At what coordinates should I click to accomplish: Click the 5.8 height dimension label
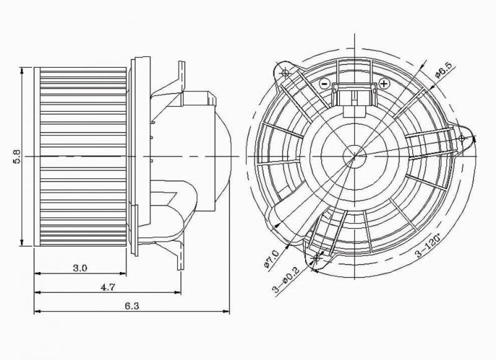click(x=17, y=156)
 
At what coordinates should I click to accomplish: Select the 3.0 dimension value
click(x=80, y=268)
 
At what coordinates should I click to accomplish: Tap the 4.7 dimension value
click(x=108, y=287)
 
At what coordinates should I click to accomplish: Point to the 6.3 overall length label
click(x=131, y=306)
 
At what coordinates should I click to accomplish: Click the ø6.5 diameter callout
click(x=445, y=70)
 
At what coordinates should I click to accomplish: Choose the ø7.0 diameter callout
click(x=271, y=259)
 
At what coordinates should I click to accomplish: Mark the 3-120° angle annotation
click(x=428, y=245)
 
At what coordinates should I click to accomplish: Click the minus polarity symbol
click(x=324, y=84)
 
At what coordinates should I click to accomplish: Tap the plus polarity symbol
click(x=384, y=84)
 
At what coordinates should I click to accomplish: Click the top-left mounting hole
click(x=285, y=73)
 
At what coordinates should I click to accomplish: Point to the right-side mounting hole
click(x=461, y=138)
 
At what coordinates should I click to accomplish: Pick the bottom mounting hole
click(x=317, y=258)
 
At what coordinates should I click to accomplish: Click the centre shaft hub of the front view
click(x=355, y=156)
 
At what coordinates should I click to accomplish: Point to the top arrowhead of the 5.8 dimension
click(x=22, y=71)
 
